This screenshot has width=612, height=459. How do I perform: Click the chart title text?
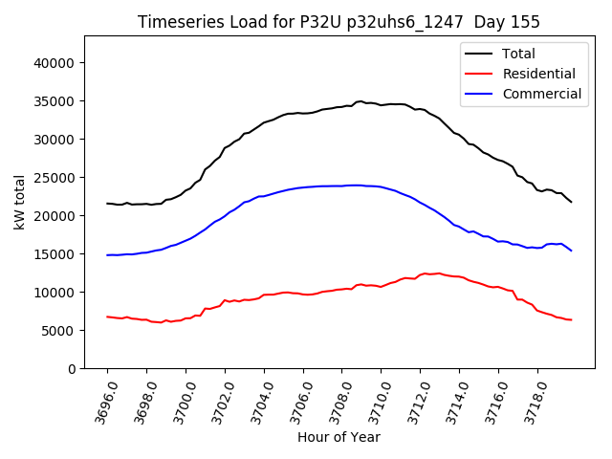point(339,22)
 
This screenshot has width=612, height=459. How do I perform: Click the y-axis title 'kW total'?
point(20,202)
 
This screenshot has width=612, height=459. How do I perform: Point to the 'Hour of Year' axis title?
point(339,437)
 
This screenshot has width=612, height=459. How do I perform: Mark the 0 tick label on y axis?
point(72,369)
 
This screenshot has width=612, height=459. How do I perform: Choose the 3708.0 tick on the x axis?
point(336,402)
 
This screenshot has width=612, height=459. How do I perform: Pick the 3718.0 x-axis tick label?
point(531,402)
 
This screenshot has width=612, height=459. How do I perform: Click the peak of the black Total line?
point(360,101)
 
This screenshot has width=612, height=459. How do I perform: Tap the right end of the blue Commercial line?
point(572,251)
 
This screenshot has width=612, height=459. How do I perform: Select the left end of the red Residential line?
point(107,317)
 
